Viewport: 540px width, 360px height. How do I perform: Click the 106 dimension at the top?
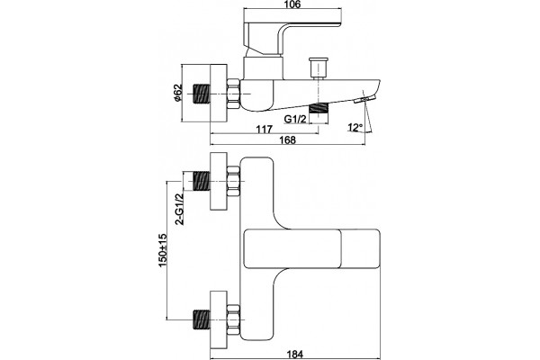point(292,4)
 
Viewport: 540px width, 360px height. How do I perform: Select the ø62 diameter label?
point(177,93)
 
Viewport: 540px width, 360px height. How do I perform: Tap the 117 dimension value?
point(265,130)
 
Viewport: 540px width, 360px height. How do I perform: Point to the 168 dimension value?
point(288,139)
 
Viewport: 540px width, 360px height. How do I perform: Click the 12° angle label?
point(355,128)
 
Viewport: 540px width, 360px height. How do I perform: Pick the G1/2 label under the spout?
point(295,119)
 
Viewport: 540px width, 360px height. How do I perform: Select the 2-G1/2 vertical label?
point(179,209)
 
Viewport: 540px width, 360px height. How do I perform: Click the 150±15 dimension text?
point(163,250)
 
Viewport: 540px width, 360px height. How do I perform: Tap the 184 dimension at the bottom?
point(295,354)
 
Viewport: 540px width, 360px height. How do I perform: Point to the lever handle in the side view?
point(292,38)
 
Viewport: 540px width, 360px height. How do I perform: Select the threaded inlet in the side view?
point(202,94)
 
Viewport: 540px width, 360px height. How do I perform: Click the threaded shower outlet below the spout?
point(319,108)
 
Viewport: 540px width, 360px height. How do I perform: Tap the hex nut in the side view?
point(233,94)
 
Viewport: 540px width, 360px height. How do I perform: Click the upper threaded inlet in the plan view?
point(202,181)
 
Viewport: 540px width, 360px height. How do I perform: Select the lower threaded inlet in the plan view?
point(202,319)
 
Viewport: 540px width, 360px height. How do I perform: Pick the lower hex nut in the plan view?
point(233,319)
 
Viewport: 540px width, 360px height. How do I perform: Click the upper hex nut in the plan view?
point(233,181)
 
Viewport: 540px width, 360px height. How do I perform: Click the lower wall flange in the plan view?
point(219,319)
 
